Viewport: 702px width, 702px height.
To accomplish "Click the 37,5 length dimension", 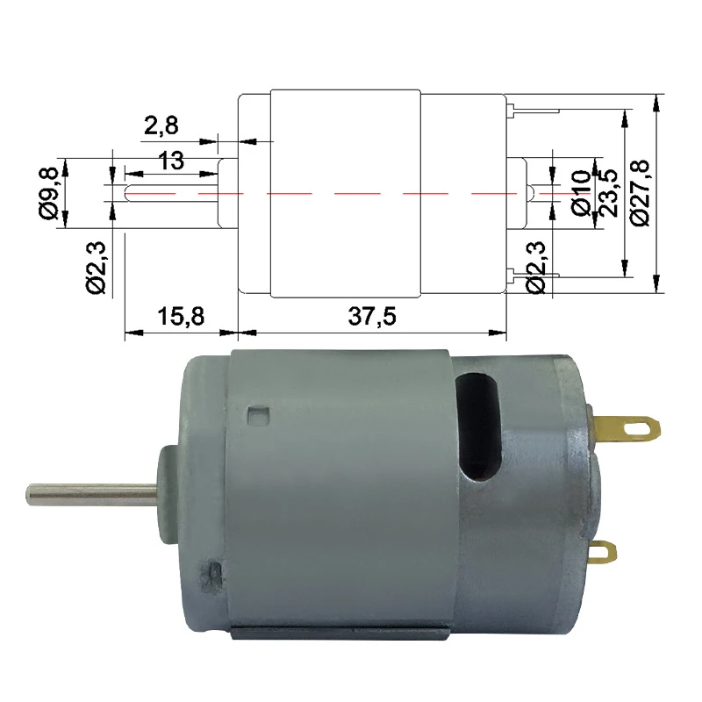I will [x=372, y=317].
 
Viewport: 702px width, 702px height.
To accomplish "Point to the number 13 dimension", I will [x=172, y=161].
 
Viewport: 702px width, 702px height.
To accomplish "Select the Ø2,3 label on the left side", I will [x=97, y=268].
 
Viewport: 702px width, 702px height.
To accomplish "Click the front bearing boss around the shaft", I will [x=167, y=491].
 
